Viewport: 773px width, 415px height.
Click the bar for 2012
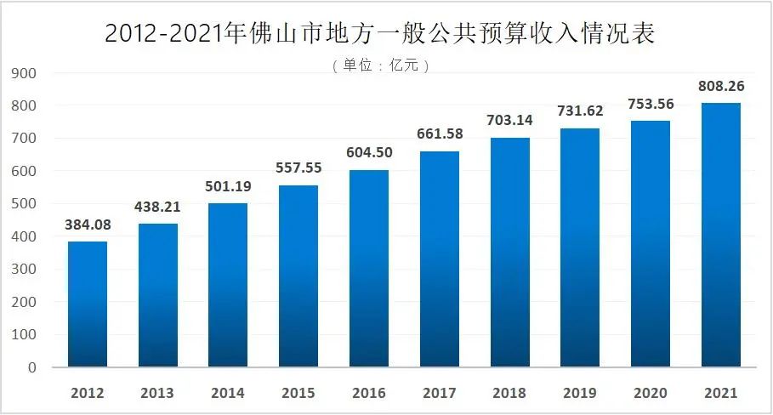pos(88,304)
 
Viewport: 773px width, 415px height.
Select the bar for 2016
pos(369,269)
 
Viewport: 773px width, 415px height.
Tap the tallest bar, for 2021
pos(721,235)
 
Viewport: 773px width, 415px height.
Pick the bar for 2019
pos(580,247)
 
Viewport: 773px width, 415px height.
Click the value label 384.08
pos(88,225)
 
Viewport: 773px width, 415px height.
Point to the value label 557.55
pos(298,168)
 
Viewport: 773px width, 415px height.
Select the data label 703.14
pos(509,120)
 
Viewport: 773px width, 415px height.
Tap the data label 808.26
pos(721,86)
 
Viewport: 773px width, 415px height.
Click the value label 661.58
pos(440,134)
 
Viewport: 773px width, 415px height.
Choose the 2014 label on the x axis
pos(228,393)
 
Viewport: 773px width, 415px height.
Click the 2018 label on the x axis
pos(509,393)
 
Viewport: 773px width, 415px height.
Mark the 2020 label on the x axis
pos(651,393)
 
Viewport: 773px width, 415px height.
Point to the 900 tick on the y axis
pos(24,73)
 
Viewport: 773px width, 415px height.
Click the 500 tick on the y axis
pos(24,204)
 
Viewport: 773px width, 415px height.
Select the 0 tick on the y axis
pos(32,367)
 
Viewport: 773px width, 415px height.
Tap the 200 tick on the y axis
pos(24,302)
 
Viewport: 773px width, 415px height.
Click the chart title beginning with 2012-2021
pos(380,33)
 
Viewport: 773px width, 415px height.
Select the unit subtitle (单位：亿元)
pos(381,65)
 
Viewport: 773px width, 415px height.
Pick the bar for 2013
pos(158,295)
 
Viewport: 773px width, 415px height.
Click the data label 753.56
pos(651,104)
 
